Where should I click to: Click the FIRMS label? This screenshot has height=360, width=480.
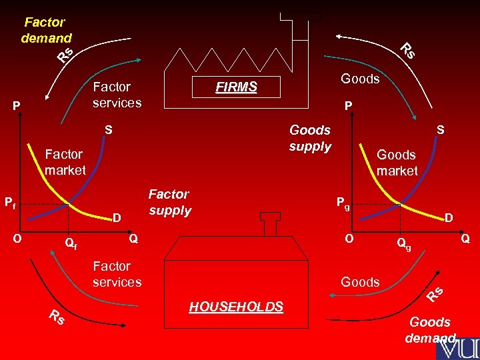click(x=236, y=87)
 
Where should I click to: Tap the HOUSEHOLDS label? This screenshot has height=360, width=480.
click(x=236, y=307)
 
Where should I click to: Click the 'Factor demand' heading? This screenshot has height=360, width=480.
click(x=46, y=30)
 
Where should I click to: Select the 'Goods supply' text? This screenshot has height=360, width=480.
click(x=310, y=138)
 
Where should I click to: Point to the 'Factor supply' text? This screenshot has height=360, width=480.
click(x=169, y=202)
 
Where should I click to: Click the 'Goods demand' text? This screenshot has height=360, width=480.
click(x=431, y=329)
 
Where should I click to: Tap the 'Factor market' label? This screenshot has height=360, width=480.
click(x=65, y=162)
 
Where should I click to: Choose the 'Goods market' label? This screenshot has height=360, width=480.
click(x=397, y=163)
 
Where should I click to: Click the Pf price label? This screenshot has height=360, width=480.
click(x=10, y=201)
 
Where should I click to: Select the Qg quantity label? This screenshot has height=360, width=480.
click(x=404, y=244)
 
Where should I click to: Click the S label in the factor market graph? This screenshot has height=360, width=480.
click(x=107, y=129)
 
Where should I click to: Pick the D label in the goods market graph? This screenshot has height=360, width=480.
click(x=449, y=217)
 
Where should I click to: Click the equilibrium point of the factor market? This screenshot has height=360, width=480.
click(x=69, y=203)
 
